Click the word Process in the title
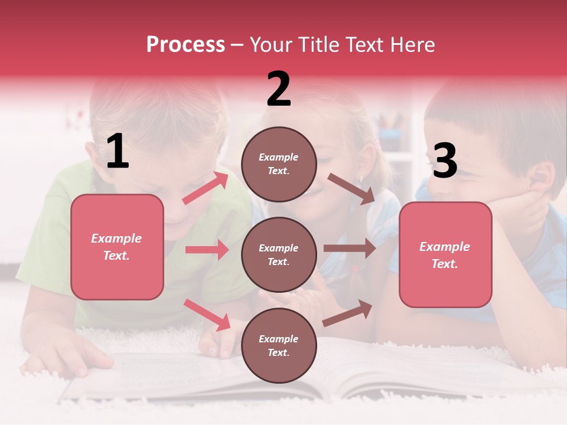[x=185, y=45]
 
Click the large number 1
[x=118, y=152]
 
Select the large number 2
[x=279, y=89]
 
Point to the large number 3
[x=445, y=161]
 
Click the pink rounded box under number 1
[x=117, y=247]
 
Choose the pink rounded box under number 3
[x=445, y=254]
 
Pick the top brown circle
[x=279, y=164]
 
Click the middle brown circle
[x=279, y=254]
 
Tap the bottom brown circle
[x=279, y=345]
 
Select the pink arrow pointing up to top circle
[x=206, y=188]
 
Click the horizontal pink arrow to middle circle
[x=207, y=250]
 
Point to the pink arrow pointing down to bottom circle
[x=207, y=315]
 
